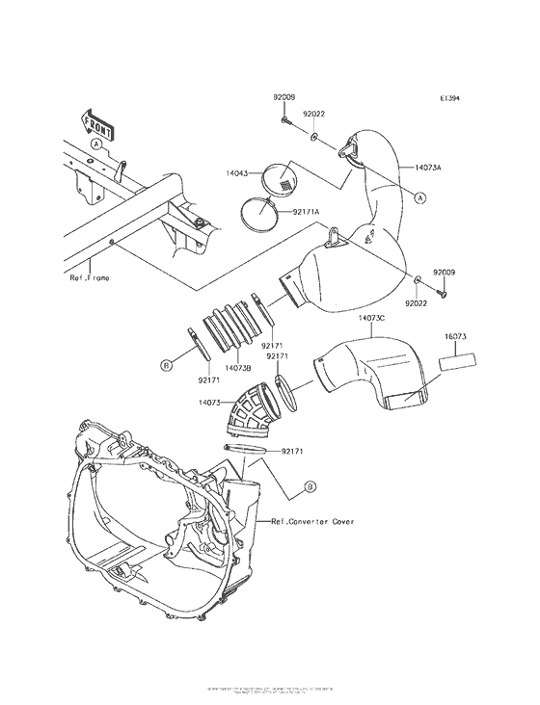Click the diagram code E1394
[x=451, y=99]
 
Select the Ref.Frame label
[x=89, y=277]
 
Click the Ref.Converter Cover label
[x=312, y=521]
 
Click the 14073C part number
[x=372, y=318]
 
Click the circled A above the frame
[x=96, y=143]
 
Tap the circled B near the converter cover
[x=310, y=487]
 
